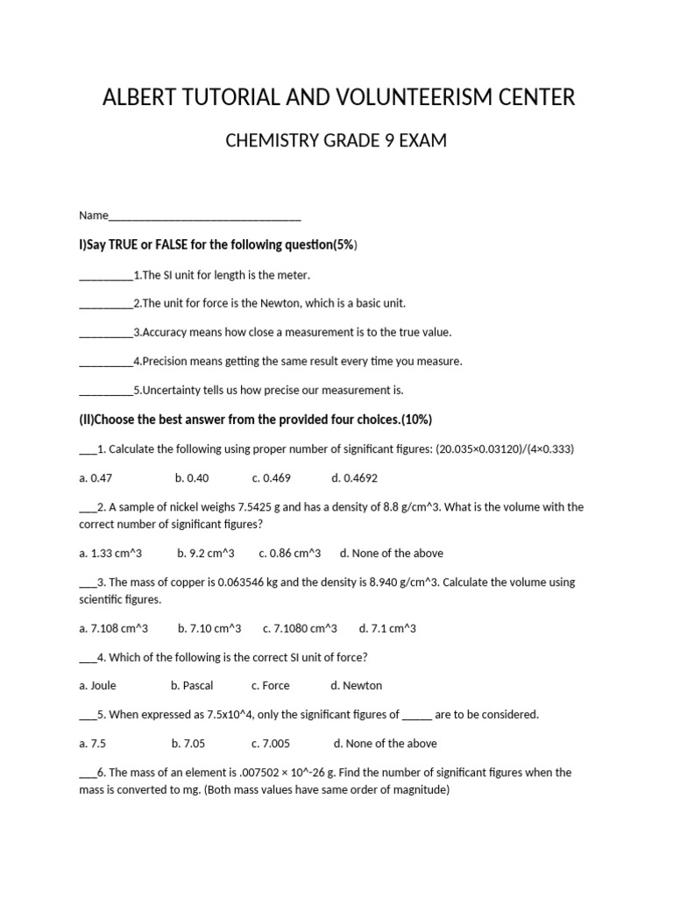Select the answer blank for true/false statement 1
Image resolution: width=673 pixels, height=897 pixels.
click(105, 275)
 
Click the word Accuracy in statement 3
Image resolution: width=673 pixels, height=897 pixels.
click(166, 333)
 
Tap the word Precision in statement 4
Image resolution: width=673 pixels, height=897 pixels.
click(167, 362)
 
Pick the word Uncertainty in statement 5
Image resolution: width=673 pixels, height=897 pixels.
click(173, 391)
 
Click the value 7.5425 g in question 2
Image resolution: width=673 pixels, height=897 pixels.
click(250, 507)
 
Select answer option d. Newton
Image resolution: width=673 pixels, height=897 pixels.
click(357, 686)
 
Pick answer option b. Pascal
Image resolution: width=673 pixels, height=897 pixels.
click(192, 686)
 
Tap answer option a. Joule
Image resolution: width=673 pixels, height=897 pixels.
click(97, 686)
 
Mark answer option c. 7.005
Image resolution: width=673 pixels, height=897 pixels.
click(271, 744)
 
